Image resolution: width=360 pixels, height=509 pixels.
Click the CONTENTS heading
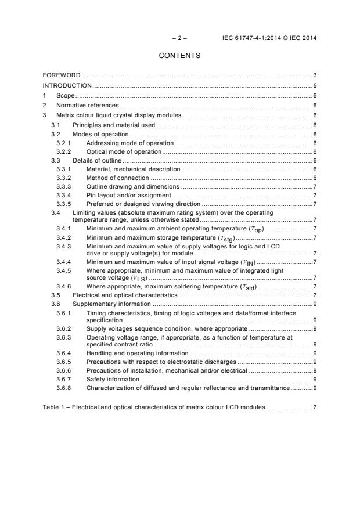[x=179, y=56]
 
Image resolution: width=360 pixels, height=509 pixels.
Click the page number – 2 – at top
[x=180, y=38]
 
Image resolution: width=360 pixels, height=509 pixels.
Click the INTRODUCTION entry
[x=67, y=85]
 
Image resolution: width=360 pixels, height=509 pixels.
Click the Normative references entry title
[x=87, y=106]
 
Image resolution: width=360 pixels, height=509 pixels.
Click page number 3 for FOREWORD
[x=314, y=75]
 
